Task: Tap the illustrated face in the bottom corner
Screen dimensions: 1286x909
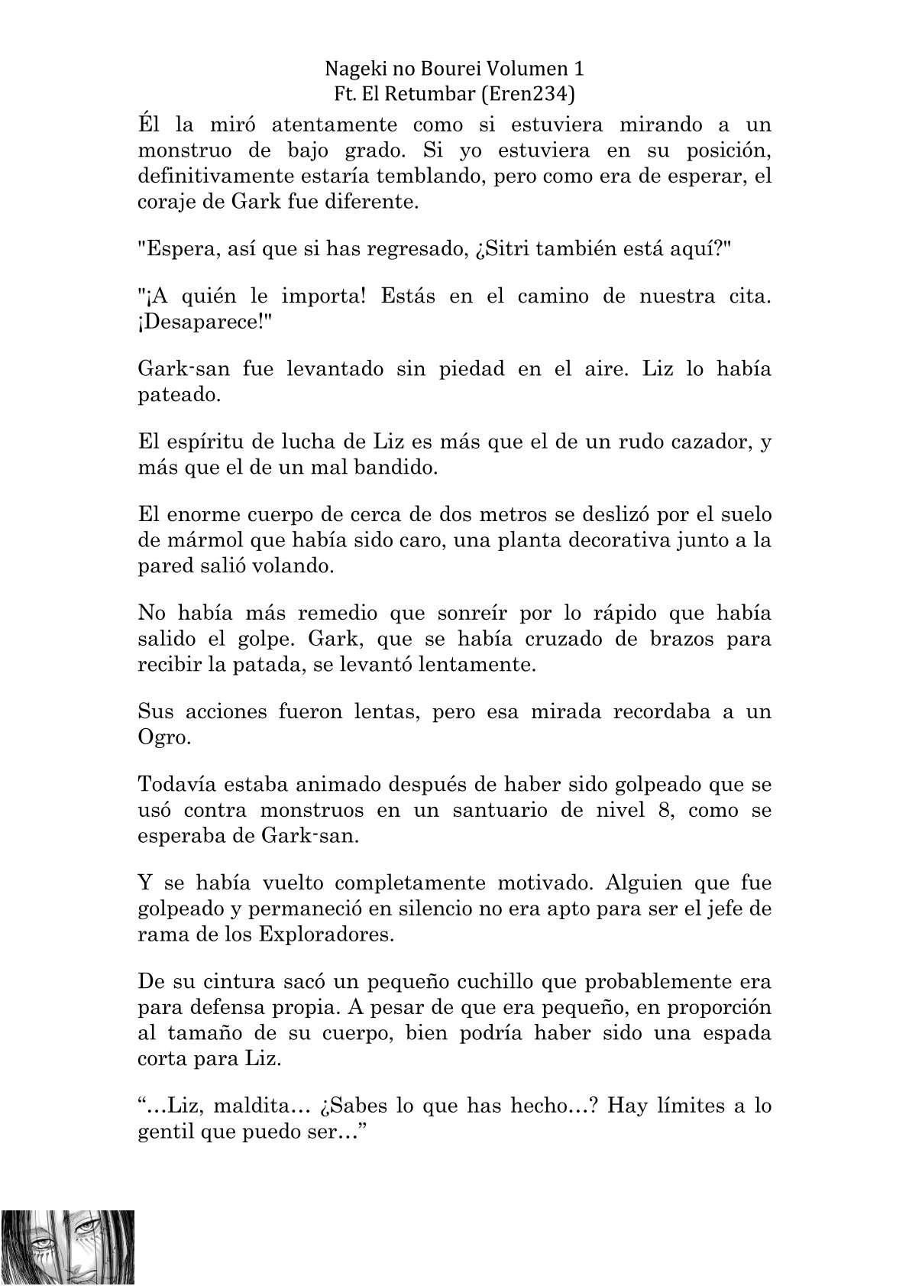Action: (67, 1246)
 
